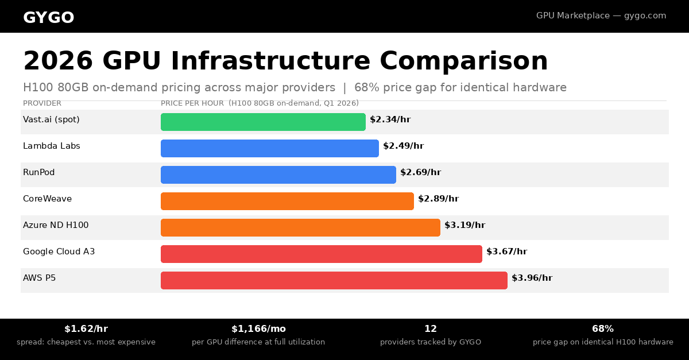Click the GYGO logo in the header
point(49,18)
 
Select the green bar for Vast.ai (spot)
point(263,122)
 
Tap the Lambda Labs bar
point(270,148)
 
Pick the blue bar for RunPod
point(278,175)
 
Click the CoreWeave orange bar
point(287,201)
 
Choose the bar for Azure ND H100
point(300,228)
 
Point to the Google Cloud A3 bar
point(322,254)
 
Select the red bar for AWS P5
point(334,280)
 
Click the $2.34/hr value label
point(390,119)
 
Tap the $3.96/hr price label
point(532,278)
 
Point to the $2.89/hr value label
point(438,199)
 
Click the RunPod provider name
point(39,172)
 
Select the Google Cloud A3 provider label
point(59,251)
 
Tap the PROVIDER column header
point(42,103)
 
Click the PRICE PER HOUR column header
point(192,103)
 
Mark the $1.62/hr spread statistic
point(86,329)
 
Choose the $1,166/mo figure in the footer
point(258,329)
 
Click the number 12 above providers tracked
point(430,329)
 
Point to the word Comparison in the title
point(463,61)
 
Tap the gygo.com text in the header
point(645,16)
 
